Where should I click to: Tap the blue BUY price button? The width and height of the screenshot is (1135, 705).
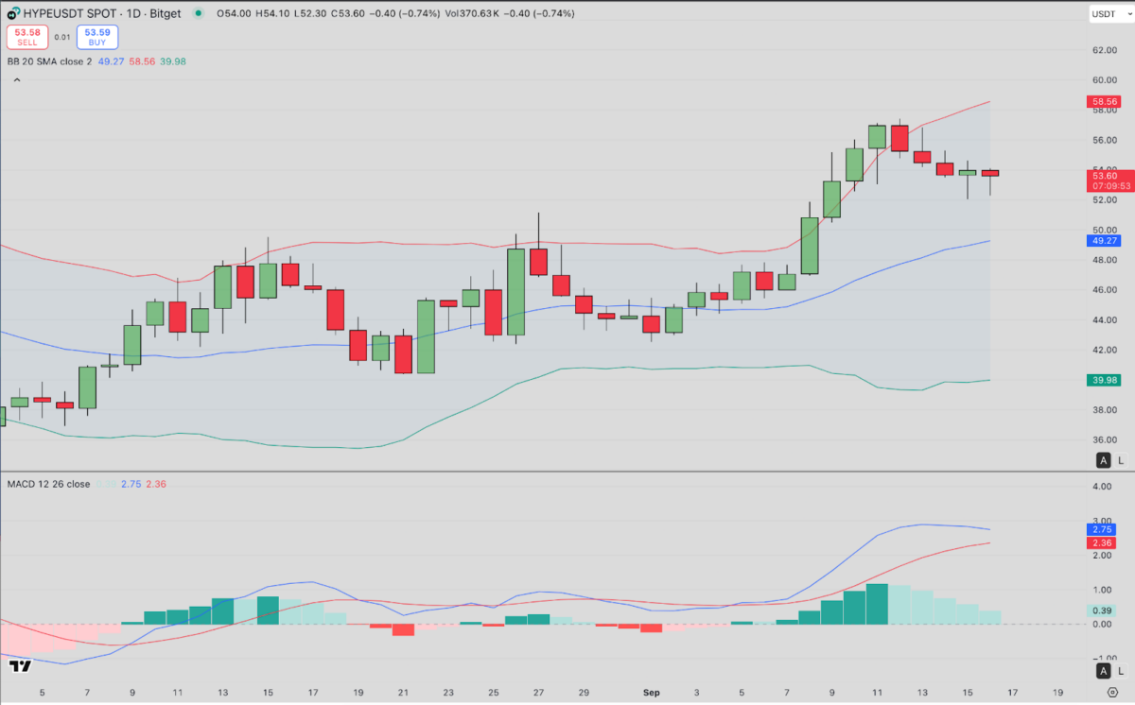(x=97, y=37)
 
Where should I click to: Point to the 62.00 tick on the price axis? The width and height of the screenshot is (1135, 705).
(x=1105, y=50)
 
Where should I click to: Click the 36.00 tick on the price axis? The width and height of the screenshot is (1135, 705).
(x=1105, y=440)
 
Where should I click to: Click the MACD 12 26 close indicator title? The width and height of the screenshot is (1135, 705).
(x=49, y=484)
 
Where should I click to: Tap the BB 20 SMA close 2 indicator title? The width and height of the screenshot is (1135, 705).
(x=49, y=61)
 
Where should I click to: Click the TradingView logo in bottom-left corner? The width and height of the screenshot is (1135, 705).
(x=20, y=666)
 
